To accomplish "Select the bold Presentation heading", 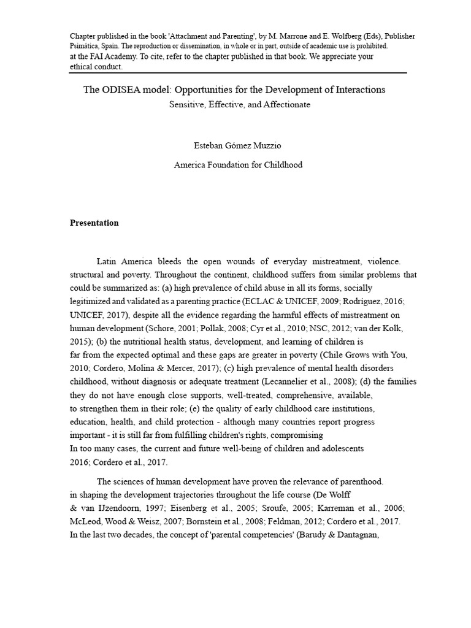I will [x=94, y=223].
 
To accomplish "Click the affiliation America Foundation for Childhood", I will [x=239, y=165].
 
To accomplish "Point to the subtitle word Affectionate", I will [x=286, y=104].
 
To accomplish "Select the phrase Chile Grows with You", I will [x=364, y=355].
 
